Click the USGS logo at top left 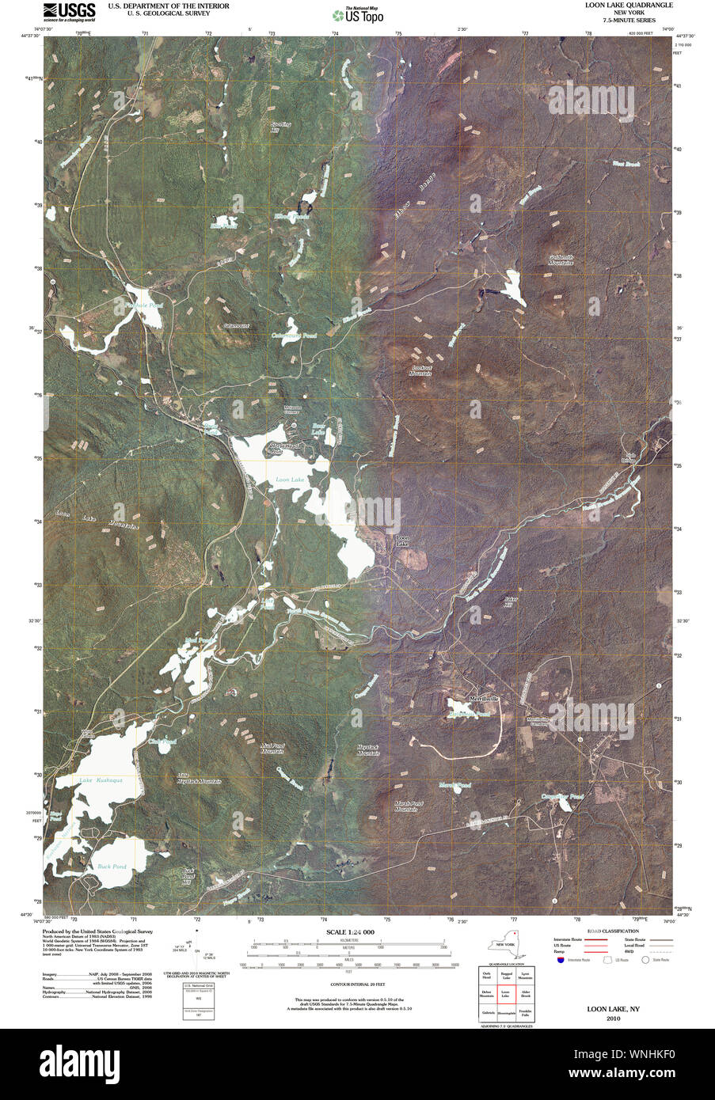click(69, 10)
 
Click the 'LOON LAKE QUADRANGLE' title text click(629, 5)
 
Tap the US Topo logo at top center click(358, 13)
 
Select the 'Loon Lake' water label click(290, 480)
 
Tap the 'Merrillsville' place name click(485, 699)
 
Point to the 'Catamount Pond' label click(294, 336)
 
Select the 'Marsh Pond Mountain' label click(406, 806)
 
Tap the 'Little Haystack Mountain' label click(198, 778)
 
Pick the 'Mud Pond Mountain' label click(272, 749)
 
